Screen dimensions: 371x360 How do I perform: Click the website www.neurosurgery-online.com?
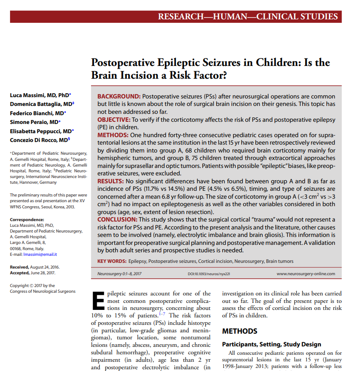[305, 273]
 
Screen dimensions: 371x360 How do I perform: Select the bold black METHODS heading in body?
[240, 331]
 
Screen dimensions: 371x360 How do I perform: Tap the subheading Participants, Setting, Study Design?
[272, 344]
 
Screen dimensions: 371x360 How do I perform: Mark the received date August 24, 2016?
[45, 267]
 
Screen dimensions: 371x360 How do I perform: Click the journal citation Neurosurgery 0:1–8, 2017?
[120, 273]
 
